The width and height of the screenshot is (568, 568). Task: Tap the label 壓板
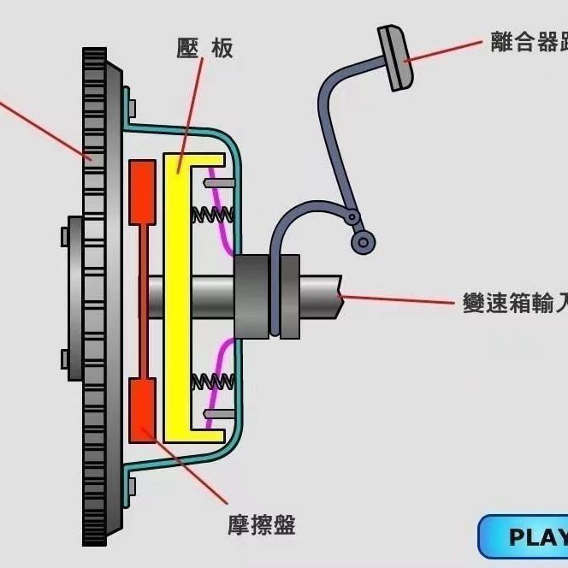[204, 49]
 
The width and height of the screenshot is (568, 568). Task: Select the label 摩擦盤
[262, 524]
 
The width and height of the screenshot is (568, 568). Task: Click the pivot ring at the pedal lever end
[364, 243]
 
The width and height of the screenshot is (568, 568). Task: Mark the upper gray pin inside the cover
[219, 182]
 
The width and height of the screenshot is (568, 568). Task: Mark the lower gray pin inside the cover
[219, 413]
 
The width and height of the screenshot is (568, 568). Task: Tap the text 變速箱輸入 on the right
[513, 304]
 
